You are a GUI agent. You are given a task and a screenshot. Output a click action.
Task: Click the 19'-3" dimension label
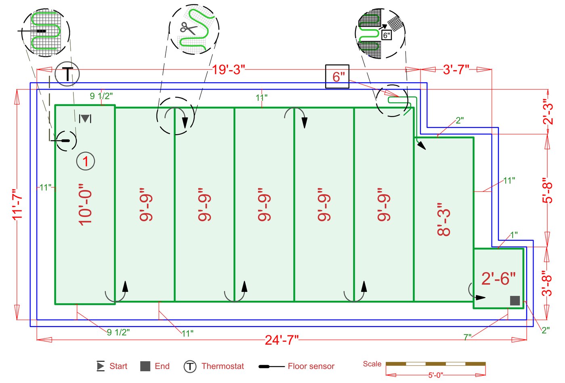pos(228,70)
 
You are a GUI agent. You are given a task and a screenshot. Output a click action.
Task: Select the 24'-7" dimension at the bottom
pos(281,340)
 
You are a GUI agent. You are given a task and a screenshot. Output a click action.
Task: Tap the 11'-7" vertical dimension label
pos(17,204)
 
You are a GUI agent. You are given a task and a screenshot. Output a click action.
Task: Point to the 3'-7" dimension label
pos(456,70)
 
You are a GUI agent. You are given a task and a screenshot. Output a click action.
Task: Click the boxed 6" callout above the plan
pos(337,77)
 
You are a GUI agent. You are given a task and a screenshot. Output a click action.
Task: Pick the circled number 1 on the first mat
pos(86,161)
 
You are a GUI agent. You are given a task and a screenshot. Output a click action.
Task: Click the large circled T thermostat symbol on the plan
pos(67,74)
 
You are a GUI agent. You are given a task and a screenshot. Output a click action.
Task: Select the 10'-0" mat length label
pos(86,205)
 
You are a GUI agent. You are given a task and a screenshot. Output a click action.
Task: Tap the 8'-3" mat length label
pos(444,219)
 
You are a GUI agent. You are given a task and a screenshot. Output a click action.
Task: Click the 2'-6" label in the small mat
pos(498,278)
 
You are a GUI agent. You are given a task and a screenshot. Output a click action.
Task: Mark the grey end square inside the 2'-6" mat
pos(515,300)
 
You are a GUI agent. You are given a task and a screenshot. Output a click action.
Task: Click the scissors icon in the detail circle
pos(188,28)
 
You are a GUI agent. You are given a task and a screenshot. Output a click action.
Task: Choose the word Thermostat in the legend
pos(223,366)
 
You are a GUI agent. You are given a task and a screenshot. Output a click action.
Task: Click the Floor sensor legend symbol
pos(271,366)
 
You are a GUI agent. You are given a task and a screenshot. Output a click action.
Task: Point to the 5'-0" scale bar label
pos(435,375)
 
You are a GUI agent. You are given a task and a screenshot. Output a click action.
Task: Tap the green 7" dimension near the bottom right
pos(467,337)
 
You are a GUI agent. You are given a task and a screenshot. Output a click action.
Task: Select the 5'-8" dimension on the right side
pos(547,190)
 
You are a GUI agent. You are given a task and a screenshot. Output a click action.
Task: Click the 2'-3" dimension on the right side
pos(547,112)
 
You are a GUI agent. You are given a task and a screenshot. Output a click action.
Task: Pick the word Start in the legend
pos(118,366)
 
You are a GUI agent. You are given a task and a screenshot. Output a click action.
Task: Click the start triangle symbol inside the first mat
pos(85,119)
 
